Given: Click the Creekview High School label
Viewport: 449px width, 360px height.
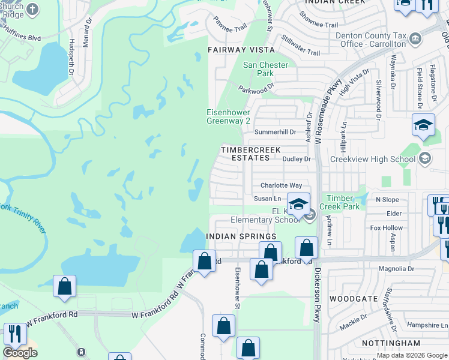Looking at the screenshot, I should tap(372, 159).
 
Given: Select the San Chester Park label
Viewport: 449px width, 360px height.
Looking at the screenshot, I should tap(265, 69).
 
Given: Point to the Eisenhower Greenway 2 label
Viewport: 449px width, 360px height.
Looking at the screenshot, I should tap(228, 116).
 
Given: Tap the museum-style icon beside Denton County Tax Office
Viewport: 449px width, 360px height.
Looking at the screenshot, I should tap(415, 40).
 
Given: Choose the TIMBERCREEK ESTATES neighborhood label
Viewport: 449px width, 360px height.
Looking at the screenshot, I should tap(246, 154).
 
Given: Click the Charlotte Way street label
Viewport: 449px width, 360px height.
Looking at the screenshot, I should tap(281, 185).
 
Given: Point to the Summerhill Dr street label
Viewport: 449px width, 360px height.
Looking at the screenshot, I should tap(276, 132).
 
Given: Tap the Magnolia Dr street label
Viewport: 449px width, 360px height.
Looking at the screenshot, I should tap(394, 269).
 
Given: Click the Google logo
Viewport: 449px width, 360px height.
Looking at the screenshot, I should tap(20, 353).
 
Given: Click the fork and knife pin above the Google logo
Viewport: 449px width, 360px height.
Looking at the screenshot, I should tap(14, 332).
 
